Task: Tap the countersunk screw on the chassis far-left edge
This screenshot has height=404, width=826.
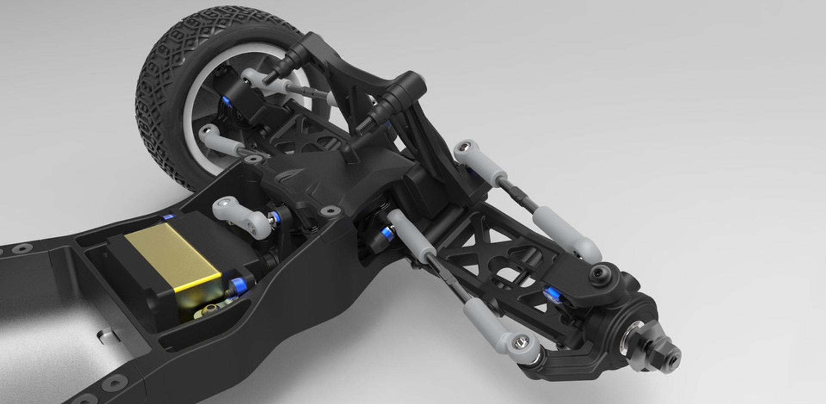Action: click(x=22, y=249)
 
